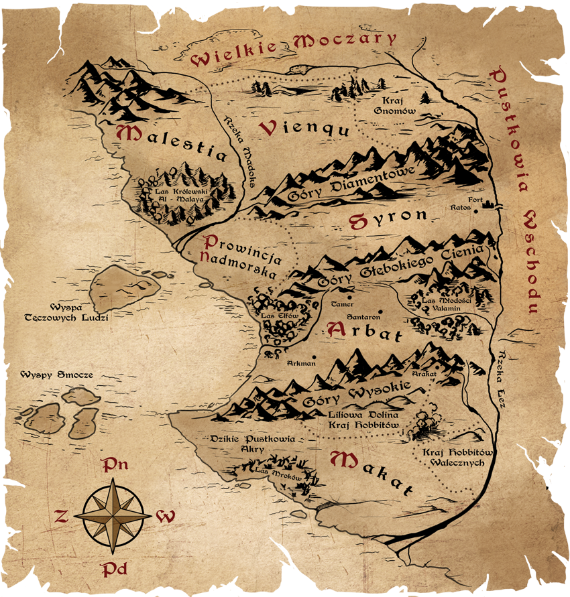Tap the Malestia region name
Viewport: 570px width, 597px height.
click(172, 143)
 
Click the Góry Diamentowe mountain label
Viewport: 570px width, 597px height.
click(352, 184)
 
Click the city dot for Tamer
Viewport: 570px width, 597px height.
click(349, 295)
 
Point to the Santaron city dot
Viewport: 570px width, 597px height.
click(380, 311)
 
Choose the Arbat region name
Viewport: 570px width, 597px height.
click(365, 331)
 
